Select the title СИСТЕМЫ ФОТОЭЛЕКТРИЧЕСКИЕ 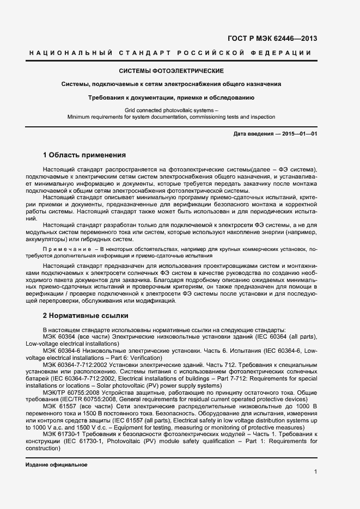(x=172, y=71)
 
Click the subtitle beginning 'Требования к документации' (x=172, y=97)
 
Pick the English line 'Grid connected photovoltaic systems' (x=170, y=111)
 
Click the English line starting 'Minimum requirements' (x=171, y=117)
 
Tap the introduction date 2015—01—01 (x=300, y=134)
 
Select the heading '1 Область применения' (x=84, y=155)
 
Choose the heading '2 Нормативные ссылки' (x=86, y=315)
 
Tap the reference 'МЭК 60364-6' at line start (x=62, y=351)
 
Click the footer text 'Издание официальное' (x=57, y=465)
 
